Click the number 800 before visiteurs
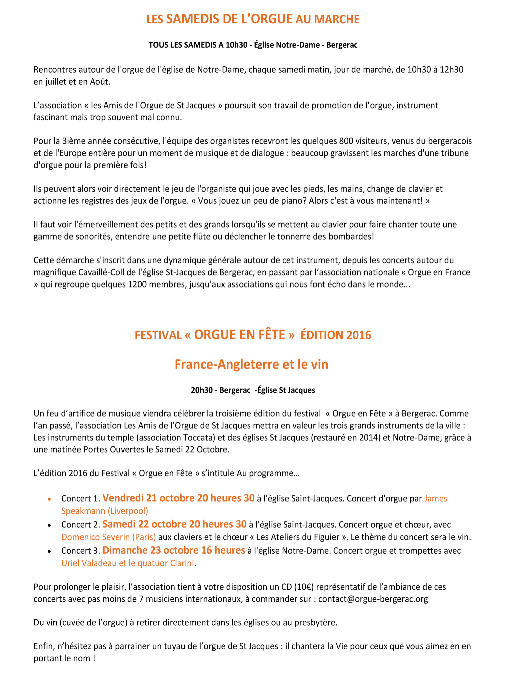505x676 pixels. pyautogui.click(x=346, y=141)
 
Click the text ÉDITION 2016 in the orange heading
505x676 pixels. pyautogui.click(x=336, y=335)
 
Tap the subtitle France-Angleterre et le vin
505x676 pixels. pyautogui.click(x=252, y=364)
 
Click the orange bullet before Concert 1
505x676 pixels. pyautogui.click(x=49, y=499)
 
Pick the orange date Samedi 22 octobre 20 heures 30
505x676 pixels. pyautogui.click(x=174, y=524)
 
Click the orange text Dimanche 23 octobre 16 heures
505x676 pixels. pyautogui.click(x=174, y=550)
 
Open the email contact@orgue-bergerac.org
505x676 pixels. pyautogui.click(x=373, y=599)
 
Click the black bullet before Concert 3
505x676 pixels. pyautogui.click(x=49, y=551)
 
